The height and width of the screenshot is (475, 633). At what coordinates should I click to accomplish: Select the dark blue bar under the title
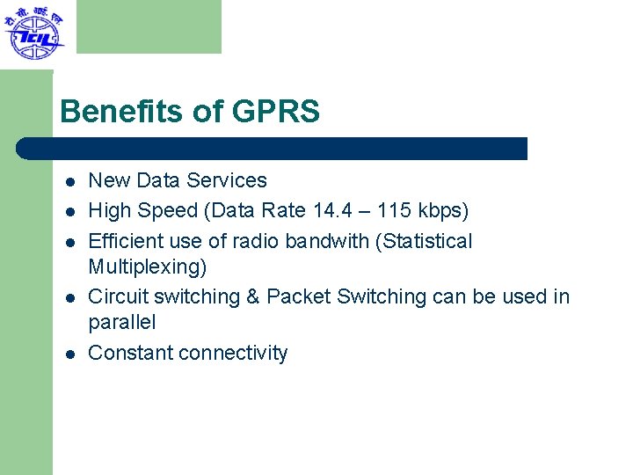(x=273, y=149)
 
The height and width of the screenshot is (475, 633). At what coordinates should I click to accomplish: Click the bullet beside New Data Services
(x=69, y=182)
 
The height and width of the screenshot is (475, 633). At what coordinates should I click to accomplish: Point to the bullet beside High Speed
(x=69, y=212)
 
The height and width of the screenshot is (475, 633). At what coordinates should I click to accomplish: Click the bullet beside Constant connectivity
(x=69, y=354)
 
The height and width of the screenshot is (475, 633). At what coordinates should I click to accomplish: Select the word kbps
(x=447, y=211)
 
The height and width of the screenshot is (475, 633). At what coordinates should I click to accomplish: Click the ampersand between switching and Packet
(x=252, y=297)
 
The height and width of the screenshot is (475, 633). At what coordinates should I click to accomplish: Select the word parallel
(x=121, y=323)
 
